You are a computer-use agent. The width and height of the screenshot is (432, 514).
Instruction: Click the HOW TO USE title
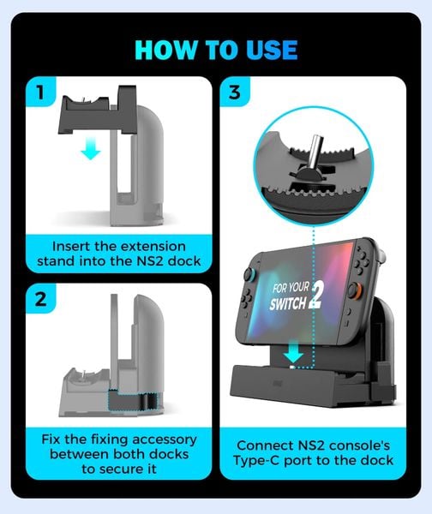pos(215,50)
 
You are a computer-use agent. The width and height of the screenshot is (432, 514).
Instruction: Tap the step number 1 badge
pos(39,92)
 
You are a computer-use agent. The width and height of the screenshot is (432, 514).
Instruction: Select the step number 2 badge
pos(39,301)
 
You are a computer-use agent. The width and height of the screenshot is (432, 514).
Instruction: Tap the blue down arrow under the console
pos(293,353)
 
